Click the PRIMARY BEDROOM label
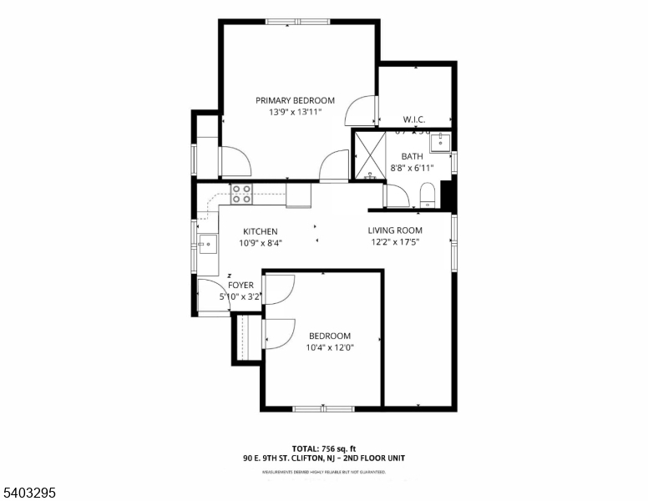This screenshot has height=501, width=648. pos(295,100)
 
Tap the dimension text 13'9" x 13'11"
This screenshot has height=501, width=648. pos(295,112)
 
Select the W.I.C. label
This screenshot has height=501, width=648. pos(414,119)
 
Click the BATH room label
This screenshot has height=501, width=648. pos(412,156)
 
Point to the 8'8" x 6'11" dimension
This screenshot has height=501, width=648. pos(412,168)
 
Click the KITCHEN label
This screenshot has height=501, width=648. pos(261,232)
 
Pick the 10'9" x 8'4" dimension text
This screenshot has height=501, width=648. pos(261,244)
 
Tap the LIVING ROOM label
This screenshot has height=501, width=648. pos(395,230)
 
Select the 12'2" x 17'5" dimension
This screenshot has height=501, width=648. pos(395,243)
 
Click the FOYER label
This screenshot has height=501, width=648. pos(240,285)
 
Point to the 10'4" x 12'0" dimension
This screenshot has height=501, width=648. pos(330,347)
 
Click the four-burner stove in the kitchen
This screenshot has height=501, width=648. pos(241,195)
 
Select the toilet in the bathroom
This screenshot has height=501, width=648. pos(428,195)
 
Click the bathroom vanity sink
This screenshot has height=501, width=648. pos(441,143)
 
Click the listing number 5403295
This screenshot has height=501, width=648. pos(29,493)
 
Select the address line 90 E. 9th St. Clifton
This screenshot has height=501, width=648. pos(323,458)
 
